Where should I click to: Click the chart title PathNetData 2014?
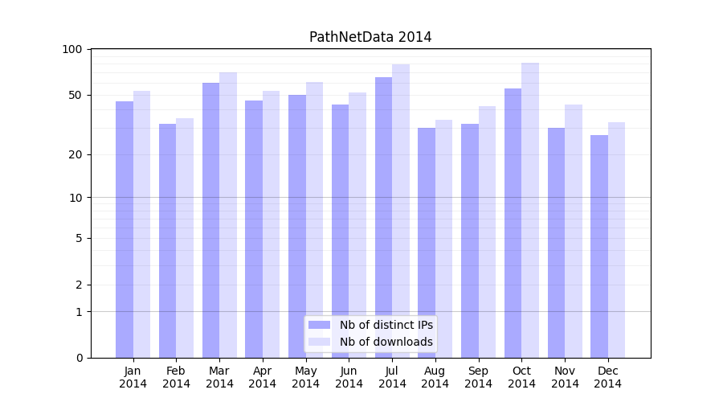[x=370, y=37]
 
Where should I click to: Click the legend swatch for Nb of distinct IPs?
[x=319, y=325]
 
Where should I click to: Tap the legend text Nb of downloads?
[x=386, y=342]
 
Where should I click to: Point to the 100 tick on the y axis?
[x=72, y=49]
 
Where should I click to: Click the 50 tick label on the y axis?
[x=75, y=95]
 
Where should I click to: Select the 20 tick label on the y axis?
[x=75, y=154]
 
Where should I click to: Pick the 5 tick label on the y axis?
[x=78, y=238]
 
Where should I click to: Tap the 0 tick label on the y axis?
[x=78, y=358]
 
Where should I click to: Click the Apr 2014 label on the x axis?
[x=263, y=377]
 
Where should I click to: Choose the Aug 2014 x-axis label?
[x=435, y=377]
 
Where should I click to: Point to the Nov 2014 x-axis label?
[x=565, y=377]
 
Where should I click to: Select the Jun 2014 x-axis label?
[x=349, y=377]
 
